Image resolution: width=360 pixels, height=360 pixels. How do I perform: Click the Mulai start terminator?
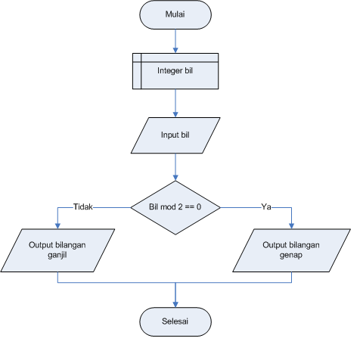[x=175, y=14]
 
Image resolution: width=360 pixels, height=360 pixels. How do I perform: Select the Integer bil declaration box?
[x=175, y=70]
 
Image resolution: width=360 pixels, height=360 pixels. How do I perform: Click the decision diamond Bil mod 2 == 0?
[x=175, y=206]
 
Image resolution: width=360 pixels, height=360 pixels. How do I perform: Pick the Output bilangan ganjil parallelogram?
[x=58, y=250]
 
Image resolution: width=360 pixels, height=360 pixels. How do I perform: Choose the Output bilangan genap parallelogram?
[x=292, y=250]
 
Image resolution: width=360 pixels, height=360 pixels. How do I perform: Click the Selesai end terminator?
[x=175, y=321]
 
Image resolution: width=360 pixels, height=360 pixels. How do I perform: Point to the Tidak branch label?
[x=82, y=206]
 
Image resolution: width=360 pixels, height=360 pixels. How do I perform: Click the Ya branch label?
[x=266, y=206]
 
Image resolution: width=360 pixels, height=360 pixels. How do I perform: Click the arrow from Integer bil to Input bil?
[x=175, y=103]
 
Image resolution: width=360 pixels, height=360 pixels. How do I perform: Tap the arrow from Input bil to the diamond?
[x=175, y=166]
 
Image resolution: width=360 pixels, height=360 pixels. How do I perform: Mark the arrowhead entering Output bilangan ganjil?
[x=58, y=225]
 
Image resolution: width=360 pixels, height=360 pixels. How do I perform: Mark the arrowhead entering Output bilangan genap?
[x=292, y=225]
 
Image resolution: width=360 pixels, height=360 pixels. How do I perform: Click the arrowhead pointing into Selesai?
[x=175, y=303]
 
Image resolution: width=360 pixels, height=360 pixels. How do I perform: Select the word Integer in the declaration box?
[x=168, y=70]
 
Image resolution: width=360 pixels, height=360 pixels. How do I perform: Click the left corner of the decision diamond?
[x=132, y=206]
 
